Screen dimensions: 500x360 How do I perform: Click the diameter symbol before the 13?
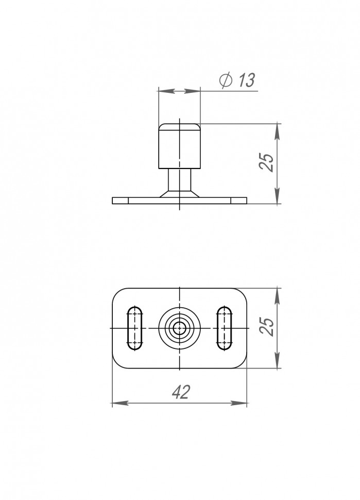click(x=225, y=80)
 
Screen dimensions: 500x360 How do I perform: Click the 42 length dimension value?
click(x=180, y=392)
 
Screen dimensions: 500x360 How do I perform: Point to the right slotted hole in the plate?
click(x=224, y=328)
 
